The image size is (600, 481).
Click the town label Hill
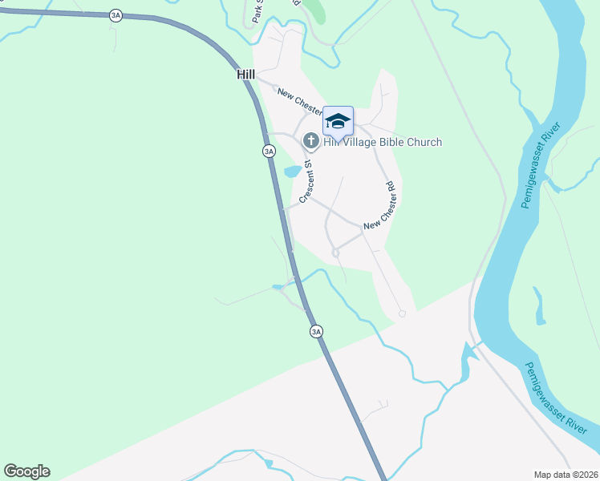point(245,75)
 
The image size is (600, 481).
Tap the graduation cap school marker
point(338,121)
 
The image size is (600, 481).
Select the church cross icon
point(310,141)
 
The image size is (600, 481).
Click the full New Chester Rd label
point(380,208)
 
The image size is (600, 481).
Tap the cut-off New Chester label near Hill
point(300,100)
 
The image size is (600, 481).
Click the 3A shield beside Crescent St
point(269,151)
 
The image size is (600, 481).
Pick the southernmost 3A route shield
point(316,331)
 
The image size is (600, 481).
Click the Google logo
point(26,471)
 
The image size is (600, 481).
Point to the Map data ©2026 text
point(565,475)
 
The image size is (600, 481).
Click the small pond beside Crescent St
point(292,172)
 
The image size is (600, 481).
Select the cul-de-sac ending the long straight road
point(402,313)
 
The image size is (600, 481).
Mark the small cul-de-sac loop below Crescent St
point(335,253)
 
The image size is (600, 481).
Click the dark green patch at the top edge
point(316,10)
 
